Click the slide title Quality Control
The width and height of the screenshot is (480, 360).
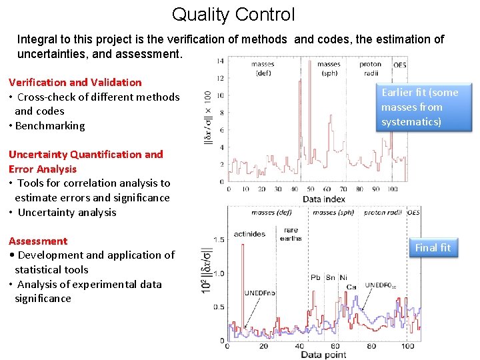tap(233, 14)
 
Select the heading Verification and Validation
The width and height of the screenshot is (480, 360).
tap(75, 83)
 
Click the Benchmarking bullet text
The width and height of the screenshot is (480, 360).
tap(50, 126)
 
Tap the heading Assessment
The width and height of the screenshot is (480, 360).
tap(38, 241)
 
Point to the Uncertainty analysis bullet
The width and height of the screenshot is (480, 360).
tap(67, 213)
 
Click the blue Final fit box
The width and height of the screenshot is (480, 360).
tap(433, 248)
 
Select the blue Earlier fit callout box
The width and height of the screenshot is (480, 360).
tap(419, 107)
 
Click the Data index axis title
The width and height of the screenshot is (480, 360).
tap(323, 199)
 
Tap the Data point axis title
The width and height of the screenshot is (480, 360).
tap(323, 355)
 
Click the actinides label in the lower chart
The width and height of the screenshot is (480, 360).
tap(249, 234)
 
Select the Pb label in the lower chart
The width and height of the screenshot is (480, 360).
tap(316, 277)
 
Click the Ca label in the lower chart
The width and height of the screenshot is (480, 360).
tap(351, 287)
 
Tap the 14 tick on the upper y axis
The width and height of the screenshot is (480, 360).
tap(220, 61)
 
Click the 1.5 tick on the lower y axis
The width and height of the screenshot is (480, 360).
tap(218, 239)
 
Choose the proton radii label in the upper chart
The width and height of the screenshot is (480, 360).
tap(370, 69)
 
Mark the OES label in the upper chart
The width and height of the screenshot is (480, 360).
tap(400, 65)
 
